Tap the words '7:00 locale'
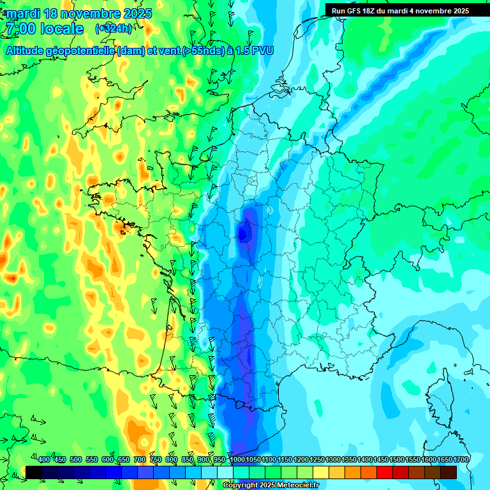point(44,29)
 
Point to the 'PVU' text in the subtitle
point(262,50)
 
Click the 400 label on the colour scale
point(44,459)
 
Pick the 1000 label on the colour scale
point(237,459)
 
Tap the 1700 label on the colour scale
point(461,459)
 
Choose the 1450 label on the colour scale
point(381,459)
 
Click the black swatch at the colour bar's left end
point(34,472)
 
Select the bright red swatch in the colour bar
point(385,472)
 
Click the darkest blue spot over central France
point(244,234)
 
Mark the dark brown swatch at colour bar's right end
point(449,472)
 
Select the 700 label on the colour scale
point(140,459)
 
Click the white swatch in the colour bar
point(225,472)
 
